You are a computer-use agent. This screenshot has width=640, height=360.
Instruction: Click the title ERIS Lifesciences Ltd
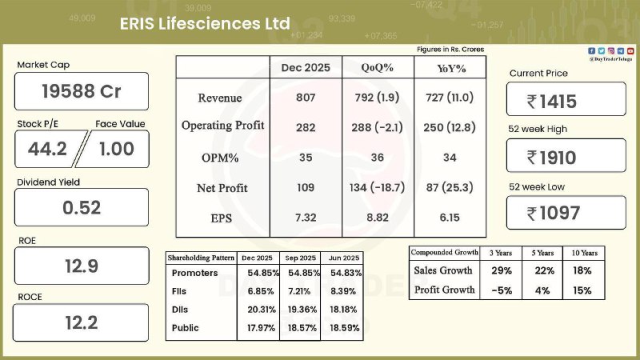(x=204, y=24)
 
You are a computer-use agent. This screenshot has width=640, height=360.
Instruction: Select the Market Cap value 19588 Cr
(x=82, y=91)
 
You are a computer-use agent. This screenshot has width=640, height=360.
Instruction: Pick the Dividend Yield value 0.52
(x=82, y=207)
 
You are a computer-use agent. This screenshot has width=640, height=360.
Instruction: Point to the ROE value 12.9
(x=82, y=266)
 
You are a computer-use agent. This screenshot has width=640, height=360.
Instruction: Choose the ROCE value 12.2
(x=82, y=322)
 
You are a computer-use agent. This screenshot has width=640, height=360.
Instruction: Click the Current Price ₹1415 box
(x=566, y=101)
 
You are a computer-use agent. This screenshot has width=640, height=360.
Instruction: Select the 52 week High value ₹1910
(x=566, y=158)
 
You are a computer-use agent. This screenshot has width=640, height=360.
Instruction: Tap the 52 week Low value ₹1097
(x=566, y=214)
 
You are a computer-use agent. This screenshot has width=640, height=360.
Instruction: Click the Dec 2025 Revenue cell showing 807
(x=306, y=98)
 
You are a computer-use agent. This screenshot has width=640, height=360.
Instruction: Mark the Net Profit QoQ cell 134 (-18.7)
(x=377, y=188)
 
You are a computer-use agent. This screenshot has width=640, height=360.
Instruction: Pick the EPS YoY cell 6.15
(x=450, y=218)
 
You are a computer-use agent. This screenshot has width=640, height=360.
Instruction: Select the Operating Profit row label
(x=222, y=126)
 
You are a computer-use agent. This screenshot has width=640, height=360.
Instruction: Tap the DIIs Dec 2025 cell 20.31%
(x=257, y=309)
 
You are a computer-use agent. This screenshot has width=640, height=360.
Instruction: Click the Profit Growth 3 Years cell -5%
(x=502, y=290)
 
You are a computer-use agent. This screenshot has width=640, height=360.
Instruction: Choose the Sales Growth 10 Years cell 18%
(x=582, y=271)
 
